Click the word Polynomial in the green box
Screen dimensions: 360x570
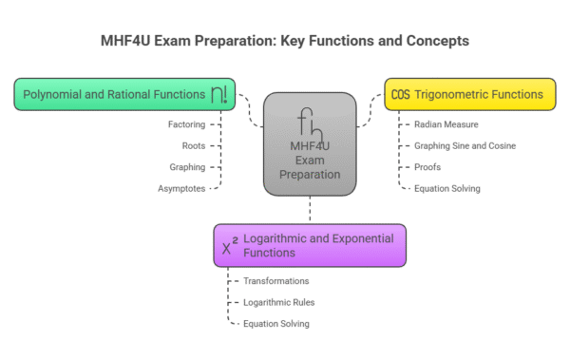(53, 95)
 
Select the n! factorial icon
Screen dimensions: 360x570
(219, 94)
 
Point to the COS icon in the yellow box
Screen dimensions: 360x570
(400, 95)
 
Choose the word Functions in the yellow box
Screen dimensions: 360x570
(518, 95)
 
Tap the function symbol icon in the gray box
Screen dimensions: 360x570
(310, 124)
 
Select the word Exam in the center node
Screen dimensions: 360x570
(310, 161)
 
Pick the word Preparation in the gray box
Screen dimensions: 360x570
(310, 175)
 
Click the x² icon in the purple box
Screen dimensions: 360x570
(230, 247)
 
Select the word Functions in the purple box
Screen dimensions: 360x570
(269, 254)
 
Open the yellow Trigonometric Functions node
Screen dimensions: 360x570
(469, 94)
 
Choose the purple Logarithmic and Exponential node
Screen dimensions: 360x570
(310, 245)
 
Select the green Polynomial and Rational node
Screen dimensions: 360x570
(124, 94)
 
